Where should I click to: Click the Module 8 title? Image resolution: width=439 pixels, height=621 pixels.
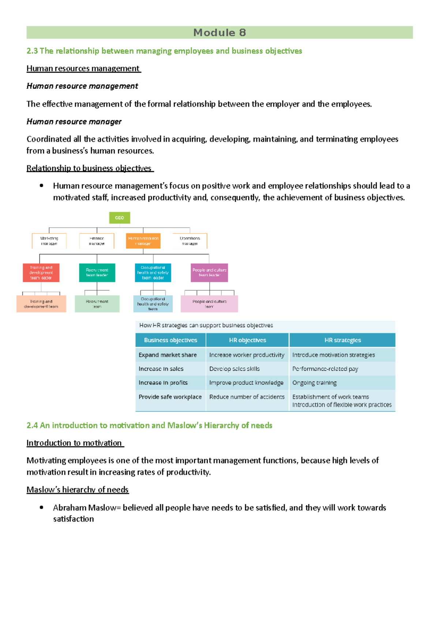[219, 33]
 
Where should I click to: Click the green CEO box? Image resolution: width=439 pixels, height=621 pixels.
[120, 218]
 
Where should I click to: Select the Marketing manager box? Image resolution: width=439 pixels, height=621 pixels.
[49, 241]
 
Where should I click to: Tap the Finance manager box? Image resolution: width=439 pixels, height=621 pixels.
[97, 241]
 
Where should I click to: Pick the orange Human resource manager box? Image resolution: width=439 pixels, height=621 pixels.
[143, 241]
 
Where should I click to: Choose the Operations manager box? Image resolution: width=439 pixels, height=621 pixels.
[190, 241]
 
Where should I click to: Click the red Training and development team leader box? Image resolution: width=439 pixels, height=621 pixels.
[41, 273]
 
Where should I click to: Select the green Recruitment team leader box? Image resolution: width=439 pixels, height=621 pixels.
[97, 273]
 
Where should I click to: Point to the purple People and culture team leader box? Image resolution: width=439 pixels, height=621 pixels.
[209, 273]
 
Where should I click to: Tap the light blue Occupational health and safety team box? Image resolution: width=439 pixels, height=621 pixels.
[153, 304]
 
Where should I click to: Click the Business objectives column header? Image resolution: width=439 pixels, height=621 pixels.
[170, 340]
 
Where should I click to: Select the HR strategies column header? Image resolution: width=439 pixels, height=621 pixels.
[342, 340]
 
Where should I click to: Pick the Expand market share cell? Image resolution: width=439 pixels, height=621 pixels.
[168, 355]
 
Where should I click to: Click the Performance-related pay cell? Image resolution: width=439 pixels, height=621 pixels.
[325, 369]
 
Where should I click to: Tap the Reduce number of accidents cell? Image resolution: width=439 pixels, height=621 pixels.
[247, 397]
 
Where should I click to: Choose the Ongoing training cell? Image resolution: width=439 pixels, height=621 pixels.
[314, 383]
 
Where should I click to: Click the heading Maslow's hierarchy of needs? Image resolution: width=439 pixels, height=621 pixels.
[78, 489]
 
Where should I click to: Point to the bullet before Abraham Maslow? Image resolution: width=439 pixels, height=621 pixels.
[42, 507]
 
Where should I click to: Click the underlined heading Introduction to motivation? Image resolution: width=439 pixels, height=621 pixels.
[74, 443]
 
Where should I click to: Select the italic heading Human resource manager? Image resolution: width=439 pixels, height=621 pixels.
[74, 121]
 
